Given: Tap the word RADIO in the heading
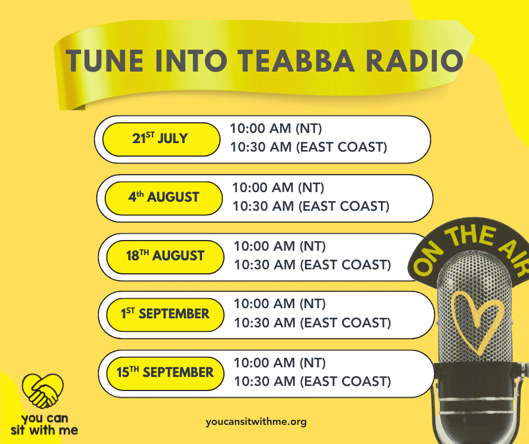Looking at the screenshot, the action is [415, 61].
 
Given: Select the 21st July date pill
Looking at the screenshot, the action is [162, 139].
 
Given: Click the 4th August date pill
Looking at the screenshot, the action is [164, 198].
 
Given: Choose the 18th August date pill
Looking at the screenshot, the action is [165, 257].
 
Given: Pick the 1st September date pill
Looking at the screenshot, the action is [165, 314].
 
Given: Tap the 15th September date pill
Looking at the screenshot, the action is [165, 374].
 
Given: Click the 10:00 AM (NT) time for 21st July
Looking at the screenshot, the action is [276, 128].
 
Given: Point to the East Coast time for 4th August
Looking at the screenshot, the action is [311, 206].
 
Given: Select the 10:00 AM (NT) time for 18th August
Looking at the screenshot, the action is [280, 246].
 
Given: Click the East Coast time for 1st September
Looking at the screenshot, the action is [313, 323].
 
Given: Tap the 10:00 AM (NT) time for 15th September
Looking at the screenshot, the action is [280, 363].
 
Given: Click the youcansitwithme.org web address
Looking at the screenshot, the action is [256, 421].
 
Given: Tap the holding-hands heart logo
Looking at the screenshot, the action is [43, 391].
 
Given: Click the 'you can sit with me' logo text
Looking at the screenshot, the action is [44, 424].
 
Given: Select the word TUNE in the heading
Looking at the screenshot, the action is [105, 61].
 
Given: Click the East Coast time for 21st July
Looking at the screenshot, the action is [309, 147].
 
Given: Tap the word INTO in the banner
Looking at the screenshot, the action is [191, 61].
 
